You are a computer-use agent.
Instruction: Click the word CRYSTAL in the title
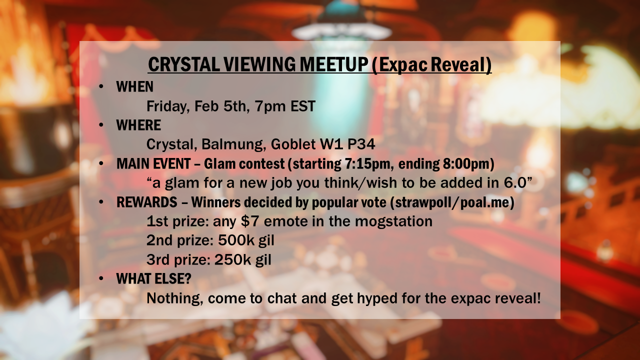click(184, 64)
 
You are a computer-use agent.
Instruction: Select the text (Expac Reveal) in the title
click(431, 64)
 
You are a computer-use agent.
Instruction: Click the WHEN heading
click(134, 86)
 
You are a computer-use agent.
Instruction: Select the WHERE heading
click(138, 125)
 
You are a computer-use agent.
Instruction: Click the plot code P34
click(361, 144)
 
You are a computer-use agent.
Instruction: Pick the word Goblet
click(293, 144)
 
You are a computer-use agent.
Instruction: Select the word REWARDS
click(147, 202)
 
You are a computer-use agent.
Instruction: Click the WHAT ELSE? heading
click(153, 278)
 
